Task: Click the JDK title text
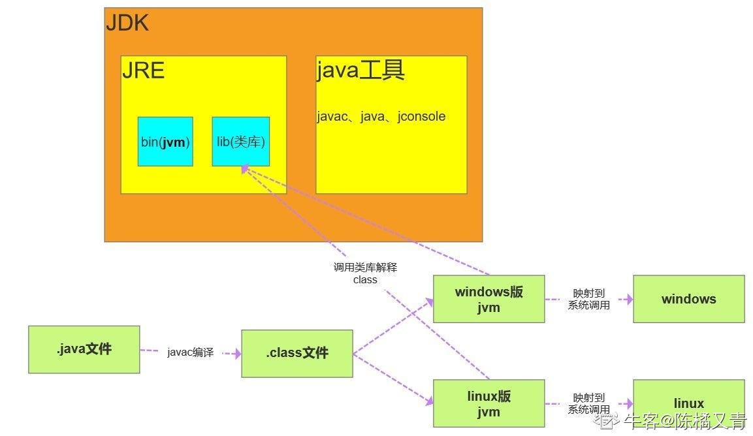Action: point(127,23)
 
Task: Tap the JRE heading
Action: point(143,70)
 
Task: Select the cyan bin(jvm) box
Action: point(165,142)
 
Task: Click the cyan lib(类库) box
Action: point(240,142)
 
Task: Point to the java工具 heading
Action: point(360,70)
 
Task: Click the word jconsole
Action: point(422,117)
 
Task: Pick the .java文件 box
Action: point(84,350)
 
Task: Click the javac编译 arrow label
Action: point(190,352)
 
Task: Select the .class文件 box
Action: point(297,353)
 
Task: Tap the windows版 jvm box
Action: point(489,299)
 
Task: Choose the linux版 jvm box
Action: point(489,403)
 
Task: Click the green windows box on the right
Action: point(688,299)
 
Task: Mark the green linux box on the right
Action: point(688,403)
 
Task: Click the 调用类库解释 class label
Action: point(366,273)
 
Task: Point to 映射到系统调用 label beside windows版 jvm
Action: point(589,299)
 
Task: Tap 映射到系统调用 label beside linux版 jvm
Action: point(589,404)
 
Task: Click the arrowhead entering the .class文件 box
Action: point(237,354)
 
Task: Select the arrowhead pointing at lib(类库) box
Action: point(246,169)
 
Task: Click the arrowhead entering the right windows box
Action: point(629,299)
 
